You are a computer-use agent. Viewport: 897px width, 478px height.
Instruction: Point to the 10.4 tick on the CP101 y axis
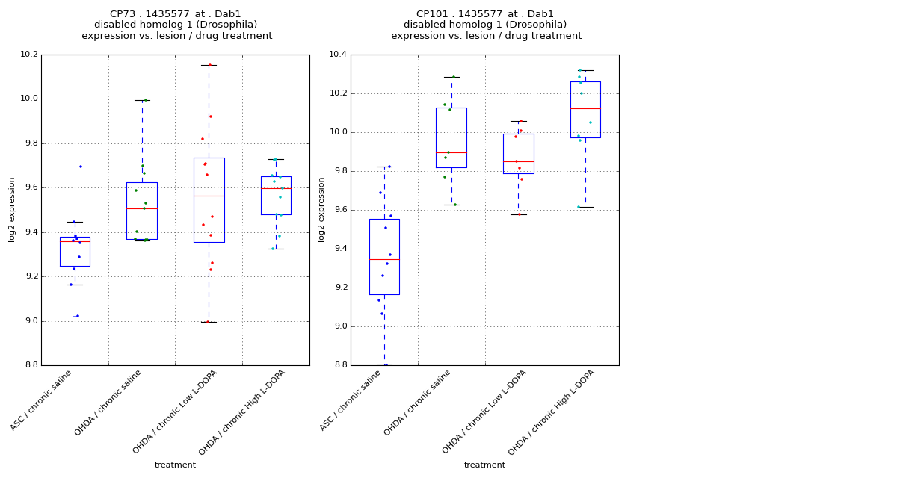click(337, 55)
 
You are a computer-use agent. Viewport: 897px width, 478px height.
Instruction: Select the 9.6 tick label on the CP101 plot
click(339, 210)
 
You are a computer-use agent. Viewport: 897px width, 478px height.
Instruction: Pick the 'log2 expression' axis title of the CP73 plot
click(12, 210)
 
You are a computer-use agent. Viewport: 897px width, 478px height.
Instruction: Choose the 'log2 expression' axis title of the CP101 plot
click(321, 210)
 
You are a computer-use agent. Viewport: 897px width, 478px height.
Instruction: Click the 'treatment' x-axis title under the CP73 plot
click(175, 465)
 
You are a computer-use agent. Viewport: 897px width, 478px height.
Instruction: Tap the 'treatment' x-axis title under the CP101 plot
click(484, 465)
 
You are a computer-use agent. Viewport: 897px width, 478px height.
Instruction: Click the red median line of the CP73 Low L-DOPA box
click(209, 196)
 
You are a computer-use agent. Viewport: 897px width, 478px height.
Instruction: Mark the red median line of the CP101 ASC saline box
click(384, 259)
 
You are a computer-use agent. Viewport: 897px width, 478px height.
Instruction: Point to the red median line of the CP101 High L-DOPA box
click(585, 108)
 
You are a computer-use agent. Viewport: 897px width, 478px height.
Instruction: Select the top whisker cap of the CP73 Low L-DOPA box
click(209, 65)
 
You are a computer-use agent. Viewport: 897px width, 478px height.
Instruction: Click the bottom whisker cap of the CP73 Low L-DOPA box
click(209, 322)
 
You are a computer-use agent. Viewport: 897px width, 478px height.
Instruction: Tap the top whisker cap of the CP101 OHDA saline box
click(451, 77)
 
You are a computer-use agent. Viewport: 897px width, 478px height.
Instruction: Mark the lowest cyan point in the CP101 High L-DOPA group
click(578, 207)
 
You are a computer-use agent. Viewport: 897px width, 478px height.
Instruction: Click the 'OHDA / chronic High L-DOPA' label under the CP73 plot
click(244, 412)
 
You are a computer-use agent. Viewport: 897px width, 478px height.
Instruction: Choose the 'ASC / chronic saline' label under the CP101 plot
click(351, 400)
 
